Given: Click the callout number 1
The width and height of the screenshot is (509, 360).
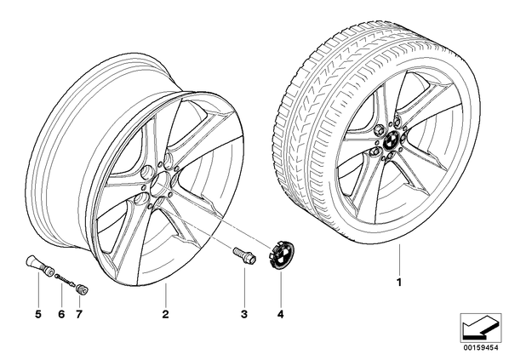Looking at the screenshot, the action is click(399, 282).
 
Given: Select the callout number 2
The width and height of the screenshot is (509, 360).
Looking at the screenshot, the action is click(166, 314).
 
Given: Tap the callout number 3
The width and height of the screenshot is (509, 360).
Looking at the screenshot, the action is click(244, 314).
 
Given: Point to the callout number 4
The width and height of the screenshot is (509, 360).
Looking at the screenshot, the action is click(281, 314).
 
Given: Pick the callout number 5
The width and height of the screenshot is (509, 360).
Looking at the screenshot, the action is click(38, 314).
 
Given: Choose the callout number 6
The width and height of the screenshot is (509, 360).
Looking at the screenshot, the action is click(61, 314).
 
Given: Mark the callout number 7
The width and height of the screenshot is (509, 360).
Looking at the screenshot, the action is click(79, 314).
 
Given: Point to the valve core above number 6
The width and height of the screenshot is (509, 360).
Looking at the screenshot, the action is click(65, 279).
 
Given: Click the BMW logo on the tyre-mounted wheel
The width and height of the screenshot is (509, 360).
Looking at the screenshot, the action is click(390, 141).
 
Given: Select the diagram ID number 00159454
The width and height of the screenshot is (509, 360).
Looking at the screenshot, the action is click(481, 348).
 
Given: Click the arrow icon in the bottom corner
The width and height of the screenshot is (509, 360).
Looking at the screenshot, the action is click(481, 329).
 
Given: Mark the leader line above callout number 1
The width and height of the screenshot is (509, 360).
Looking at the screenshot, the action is click(399, 259).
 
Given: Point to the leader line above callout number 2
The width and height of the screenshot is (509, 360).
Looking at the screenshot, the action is click(166, 294).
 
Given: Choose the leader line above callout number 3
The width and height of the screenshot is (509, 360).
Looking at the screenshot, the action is click(244, 285).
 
